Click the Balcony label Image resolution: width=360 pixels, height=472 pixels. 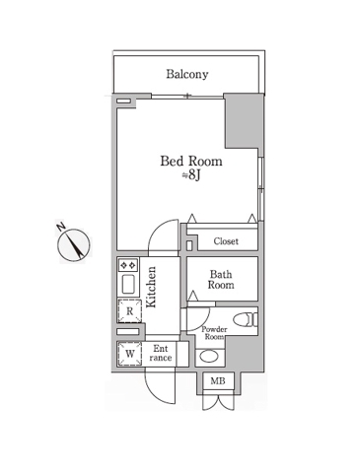coord(187,74)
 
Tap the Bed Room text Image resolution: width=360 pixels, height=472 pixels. coord(191,161)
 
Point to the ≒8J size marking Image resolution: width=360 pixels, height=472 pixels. coord(191,175)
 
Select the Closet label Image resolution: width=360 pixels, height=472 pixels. coord(226,241)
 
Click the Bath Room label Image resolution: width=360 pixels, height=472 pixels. coord(221,280)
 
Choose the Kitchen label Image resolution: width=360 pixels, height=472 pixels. coord(151,287)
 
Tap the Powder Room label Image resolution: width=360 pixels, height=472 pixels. coord(214,333)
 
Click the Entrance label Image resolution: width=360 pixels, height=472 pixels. coord(161,353)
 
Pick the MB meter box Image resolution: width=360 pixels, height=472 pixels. coord(218,381)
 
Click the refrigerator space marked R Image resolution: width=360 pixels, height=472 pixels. coord(129,310)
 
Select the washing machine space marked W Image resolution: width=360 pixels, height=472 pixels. coord(130,354)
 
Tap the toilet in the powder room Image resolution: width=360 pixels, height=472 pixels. coord(246,319)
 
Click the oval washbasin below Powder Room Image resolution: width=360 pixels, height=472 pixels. coord(209,358)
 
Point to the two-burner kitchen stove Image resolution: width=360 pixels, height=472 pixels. coord(128,265)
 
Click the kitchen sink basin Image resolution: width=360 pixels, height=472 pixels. coord(128,285)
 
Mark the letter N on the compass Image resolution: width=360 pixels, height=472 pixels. coord(60,227)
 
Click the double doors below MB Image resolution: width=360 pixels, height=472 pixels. coord(218,401)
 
